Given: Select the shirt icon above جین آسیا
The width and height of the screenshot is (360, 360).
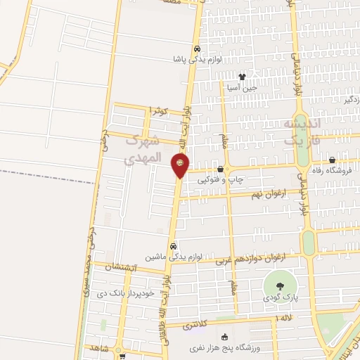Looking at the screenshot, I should click(242, 77).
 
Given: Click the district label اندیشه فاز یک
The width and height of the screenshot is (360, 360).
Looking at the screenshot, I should click(301, 131).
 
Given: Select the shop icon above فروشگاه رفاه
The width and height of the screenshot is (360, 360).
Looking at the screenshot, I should click(332, 160).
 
